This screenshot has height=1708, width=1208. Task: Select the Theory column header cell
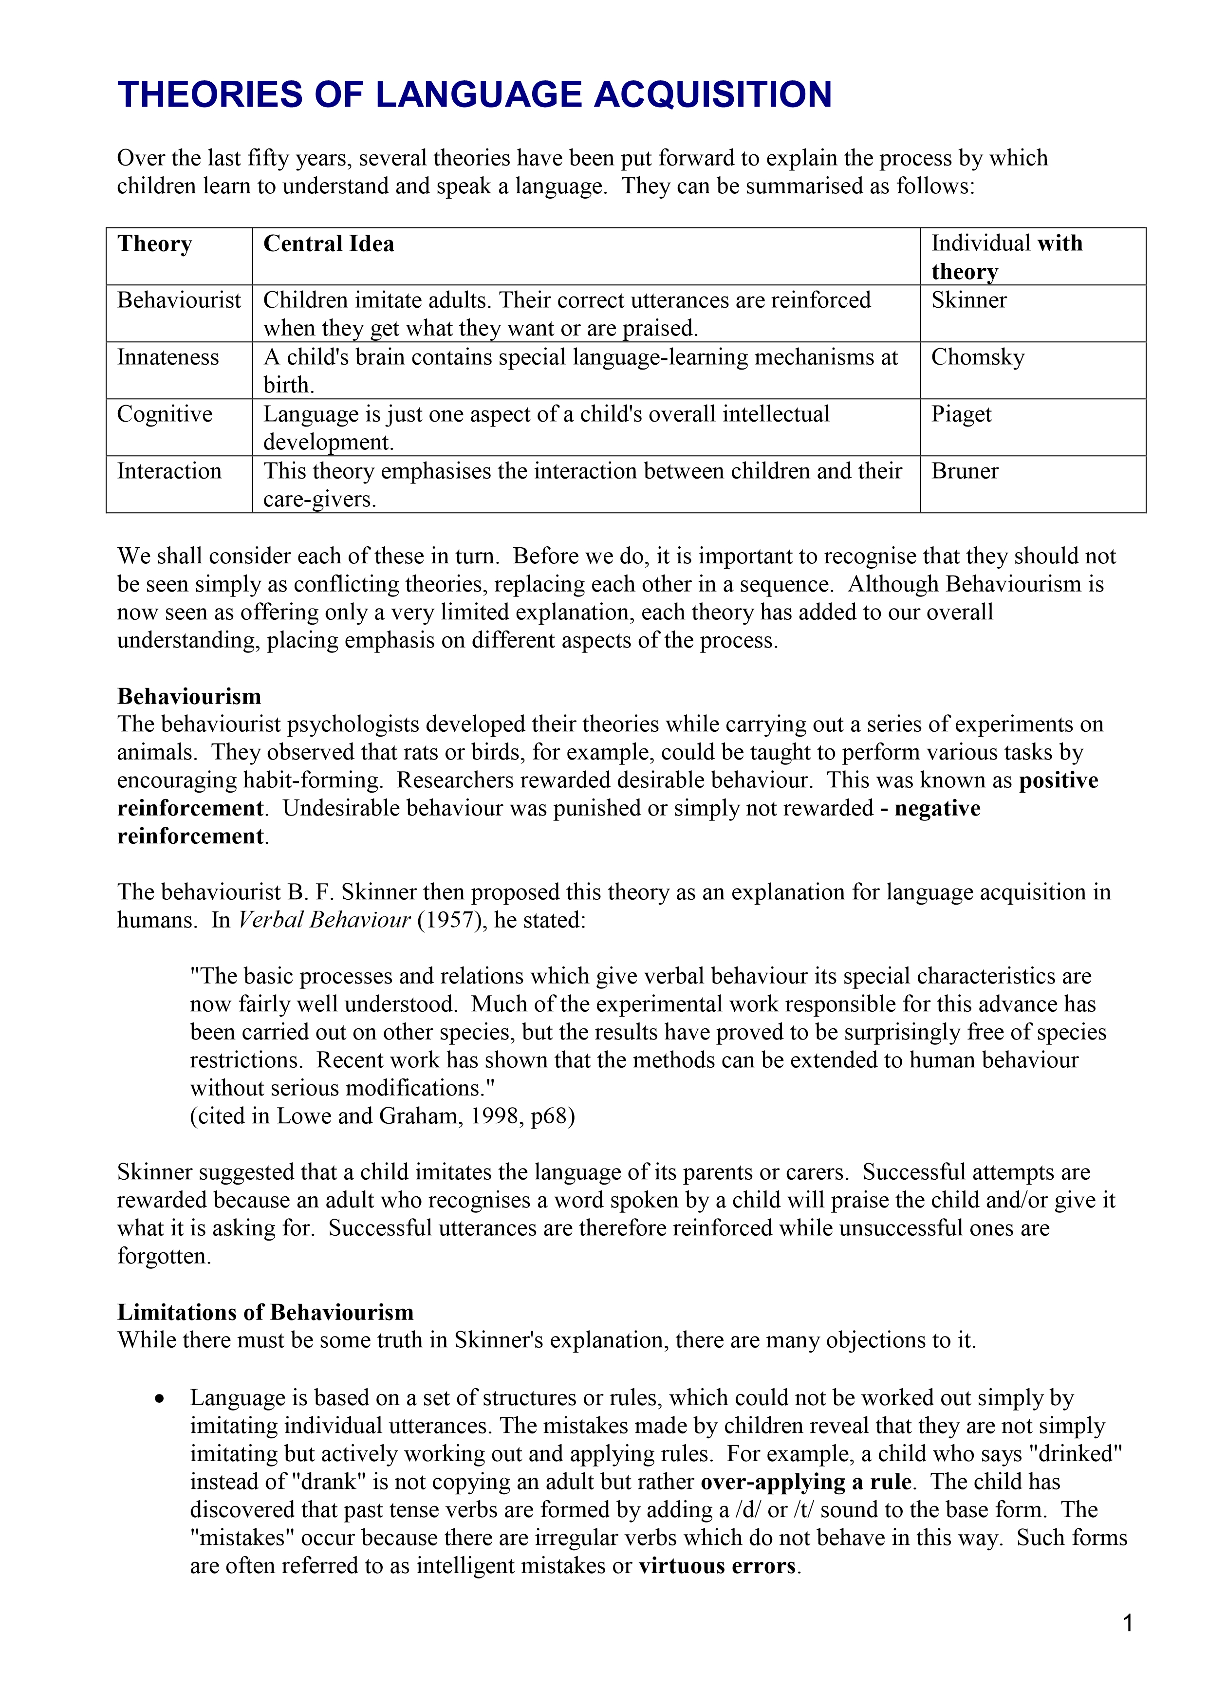coord(155,244)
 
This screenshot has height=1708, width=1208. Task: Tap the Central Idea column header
coord(329,244)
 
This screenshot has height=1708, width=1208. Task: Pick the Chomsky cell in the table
coord(977,358)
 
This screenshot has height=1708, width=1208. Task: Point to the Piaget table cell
coord(961,414)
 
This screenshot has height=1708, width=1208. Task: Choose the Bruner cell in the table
coord(965,472)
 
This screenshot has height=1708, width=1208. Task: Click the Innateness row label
coord(168,358)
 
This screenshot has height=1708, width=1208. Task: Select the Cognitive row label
coord(165,414)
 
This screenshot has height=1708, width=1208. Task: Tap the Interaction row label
coord(169,472)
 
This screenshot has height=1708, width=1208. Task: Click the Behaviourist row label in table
coord(179,300)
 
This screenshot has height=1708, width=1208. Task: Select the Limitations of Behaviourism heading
coord(265,1312)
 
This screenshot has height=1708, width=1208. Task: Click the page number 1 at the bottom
coord(1128,1624)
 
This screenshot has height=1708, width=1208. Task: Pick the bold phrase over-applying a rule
coord(806,1482)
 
